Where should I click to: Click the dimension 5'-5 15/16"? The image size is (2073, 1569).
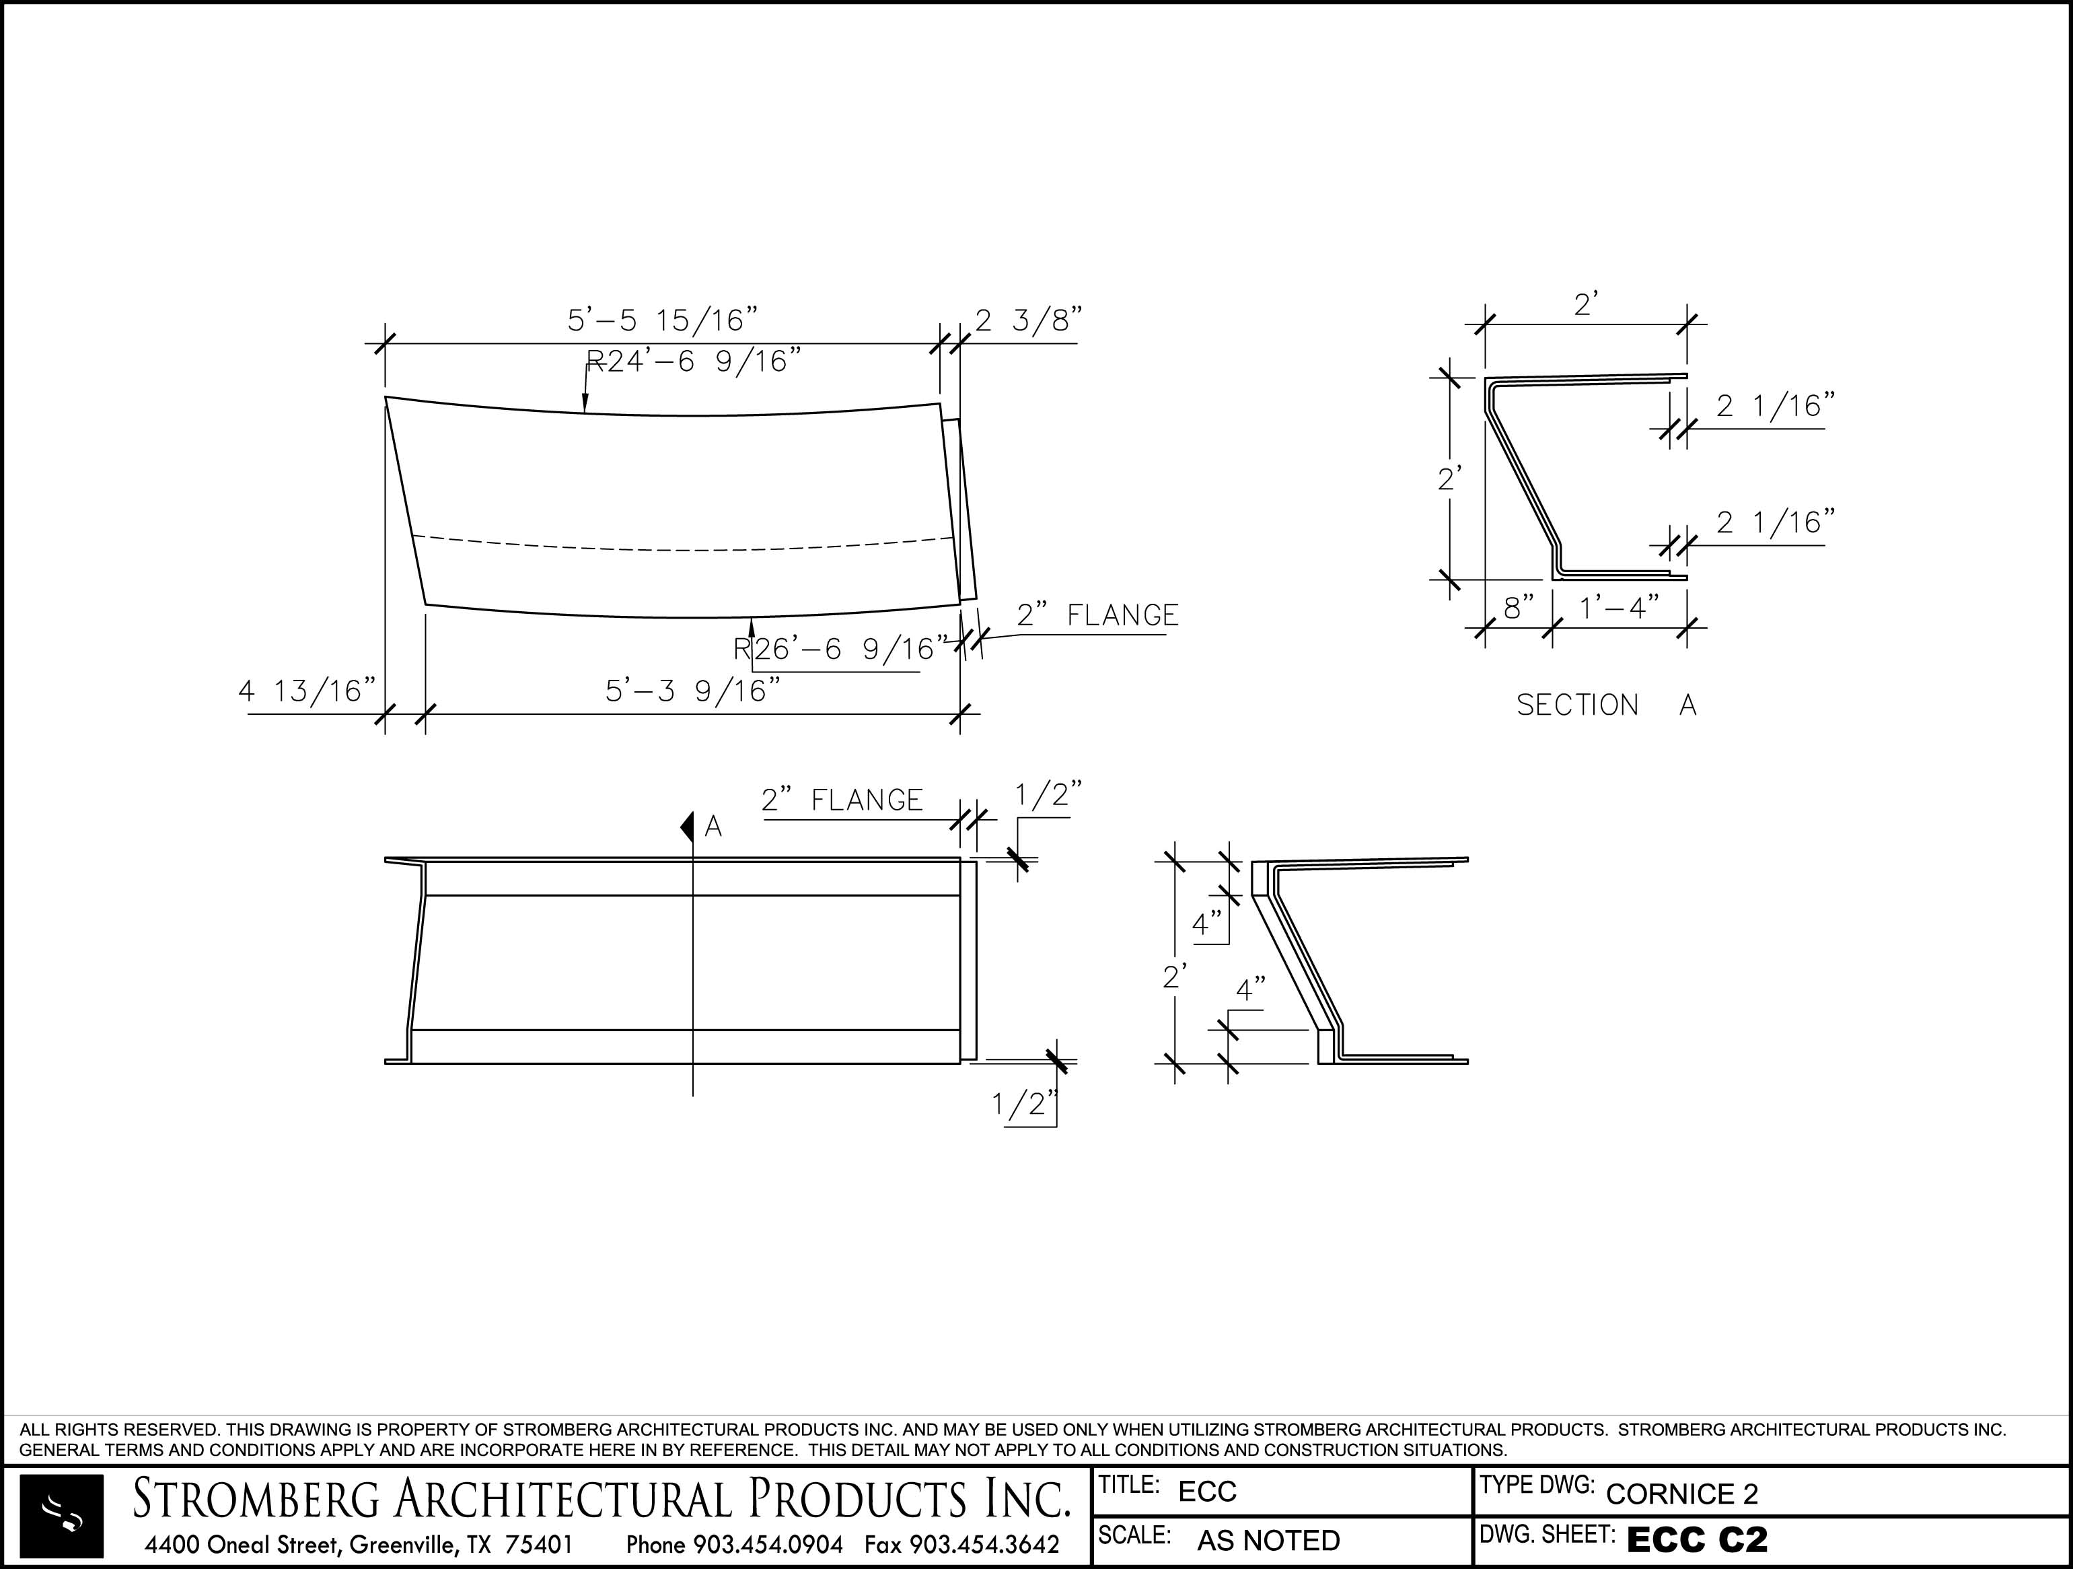coord(661,320)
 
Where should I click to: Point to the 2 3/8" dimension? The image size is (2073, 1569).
coord(1028,320)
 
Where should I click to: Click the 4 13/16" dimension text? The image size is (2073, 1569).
coord(306,691)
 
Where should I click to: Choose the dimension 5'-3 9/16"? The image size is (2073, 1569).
coord(692,691)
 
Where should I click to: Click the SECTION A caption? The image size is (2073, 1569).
coord(1606,705)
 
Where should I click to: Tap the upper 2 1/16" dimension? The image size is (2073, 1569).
coord(1775,406)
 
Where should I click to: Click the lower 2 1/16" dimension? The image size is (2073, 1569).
coord(1775,522)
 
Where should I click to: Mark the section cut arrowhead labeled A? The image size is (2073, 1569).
coord(686,827)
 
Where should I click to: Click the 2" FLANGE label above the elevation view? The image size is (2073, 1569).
coord(842,800)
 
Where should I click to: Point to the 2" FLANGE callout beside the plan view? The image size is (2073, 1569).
coord(1097,615)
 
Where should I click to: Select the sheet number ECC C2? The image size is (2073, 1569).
coord(1697,1540)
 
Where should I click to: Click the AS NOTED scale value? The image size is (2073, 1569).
coord(1268,1541)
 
